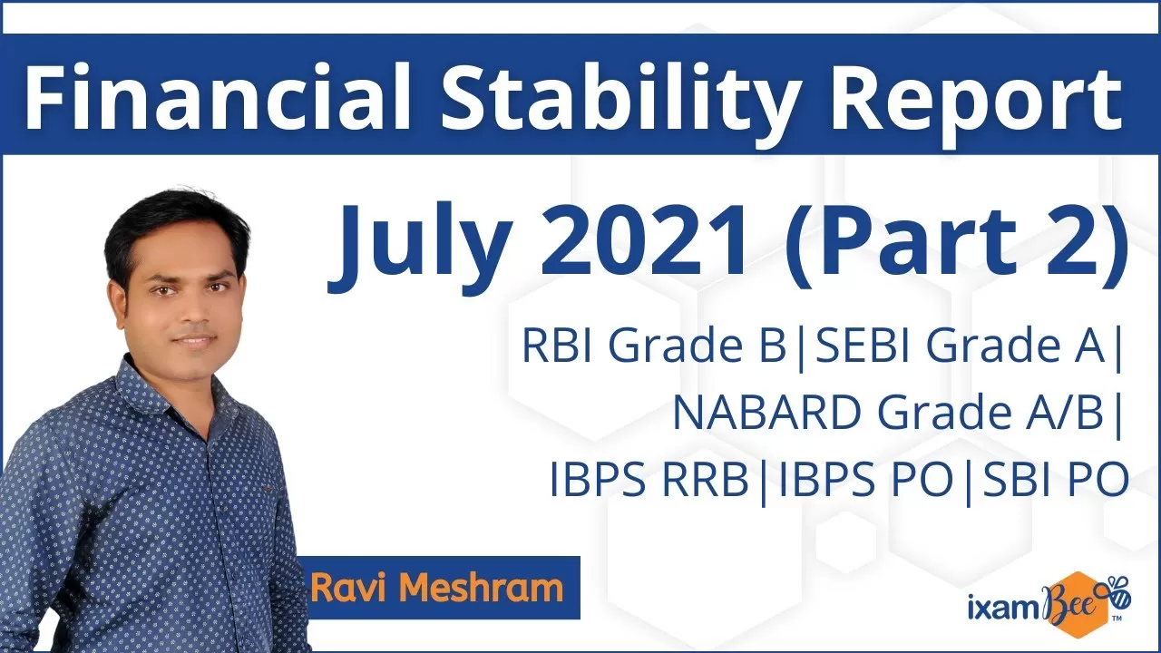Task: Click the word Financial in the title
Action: click(x=217, y=97)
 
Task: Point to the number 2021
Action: click(x=645, y=240)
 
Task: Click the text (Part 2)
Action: click(x=959, y=245)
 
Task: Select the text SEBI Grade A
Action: click(x=960, y=346)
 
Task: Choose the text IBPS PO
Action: click(x=866, y=480)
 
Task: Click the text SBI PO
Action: click(x=1056, y=480)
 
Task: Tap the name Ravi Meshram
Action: click(x=437, y=588)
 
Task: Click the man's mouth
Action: click(x=194, y=341)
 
